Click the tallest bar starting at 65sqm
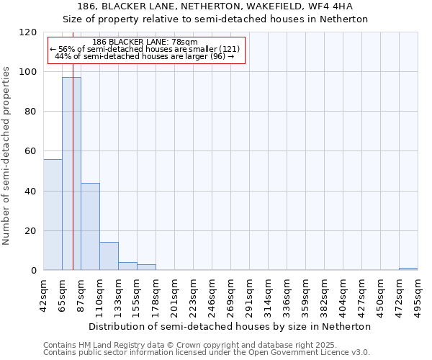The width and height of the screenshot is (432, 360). pyautogui.click(x=71, y=174)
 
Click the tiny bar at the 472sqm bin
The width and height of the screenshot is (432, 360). pyautogui.click(x=408, y=269)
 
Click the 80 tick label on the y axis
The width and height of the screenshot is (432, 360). pyautogui.click(x=31, y=112)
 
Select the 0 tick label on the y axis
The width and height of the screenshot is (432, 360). pyautogui.click(x=34, y=271)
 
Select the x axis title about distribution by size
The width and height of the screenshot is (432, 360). pyautogui.click(x=230, y=326)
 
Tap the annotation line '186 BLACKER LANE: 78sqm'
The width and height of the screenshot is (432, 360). pyautogui.click(x=146, y=42)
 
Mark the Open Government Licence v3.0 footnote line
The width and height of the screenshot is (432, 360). pyautogui.click(x=207, y=352)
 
